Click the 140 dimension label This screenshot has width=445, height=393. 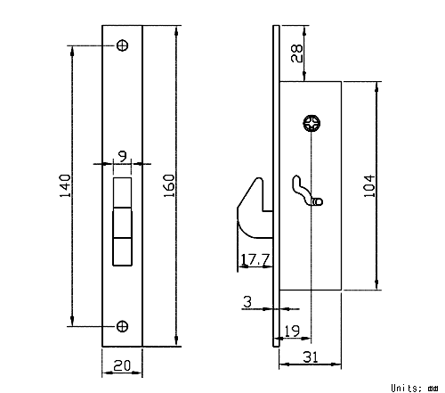click(x=66, y=185)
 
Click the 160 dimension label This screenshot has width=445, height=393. click(x=169, y=185)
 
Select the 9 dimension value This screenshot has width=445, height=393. click(x=123, y=156)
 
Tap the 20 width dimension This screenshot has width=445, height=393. click(x=122, y=365)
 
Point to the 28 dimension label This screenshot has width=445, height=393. click(x=296, y=53)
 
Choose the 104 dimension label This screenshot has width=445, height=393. click(x=369, y=186)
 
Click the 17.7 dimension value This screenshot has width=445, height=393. click(x=255, y=259)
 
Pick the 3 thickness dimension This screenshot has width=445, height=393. click(x=247, y=302)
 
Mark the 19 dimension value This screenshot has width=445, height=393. click(x=292, y=331)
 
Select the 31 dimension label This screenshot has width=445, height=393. click(x=311, y=357)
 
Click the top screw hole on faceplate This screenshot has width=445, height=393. click(x=122, y=45)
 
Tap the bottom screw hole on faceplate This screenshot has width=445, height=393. click(x=122, y=326)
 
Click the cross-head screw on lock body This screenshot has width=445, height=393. click(x=312, y=123)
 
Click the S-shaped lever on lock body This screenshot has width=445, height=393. click(x=305, y=192)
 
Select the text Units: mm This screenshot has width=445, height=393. click(x=415, y=388)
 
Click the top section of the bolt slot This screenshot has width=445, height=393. click(x=122, y=192)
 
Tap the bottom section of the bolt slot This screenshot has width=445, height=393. click(x=122, y=251)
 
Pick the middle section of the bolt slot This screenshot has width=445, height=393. click(x=122, y=223)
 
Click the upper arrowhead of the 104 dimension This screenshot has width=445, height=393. click(x=376, y=86)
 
